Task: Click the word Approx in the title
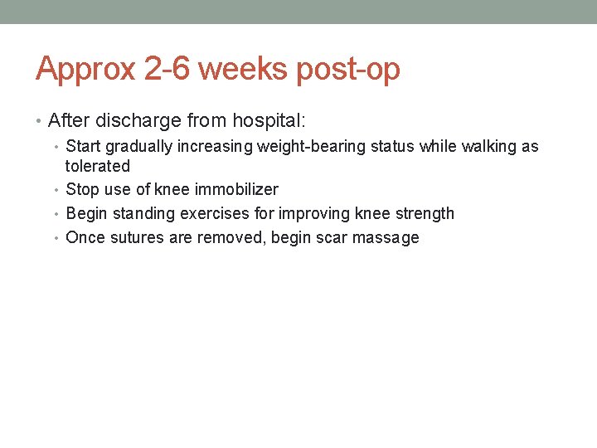pyautogui.click(x=86, y=70)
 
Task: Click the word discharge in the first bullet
pyautogui.click(x=138, y=121)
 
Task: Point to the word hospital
pyautogui.click(x=268, y=121)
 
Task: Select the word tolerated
pyautogui.click(x=98, y=166)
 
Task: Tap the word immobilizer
pyautogui.click(x=236, y=189)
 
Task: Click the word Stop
pyautogui.click(x=82, y=189)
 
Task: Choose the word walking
pyautogui.click(x=486, y=147)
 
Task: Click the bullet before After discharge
pyautogui.click(x=40, y=122)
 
